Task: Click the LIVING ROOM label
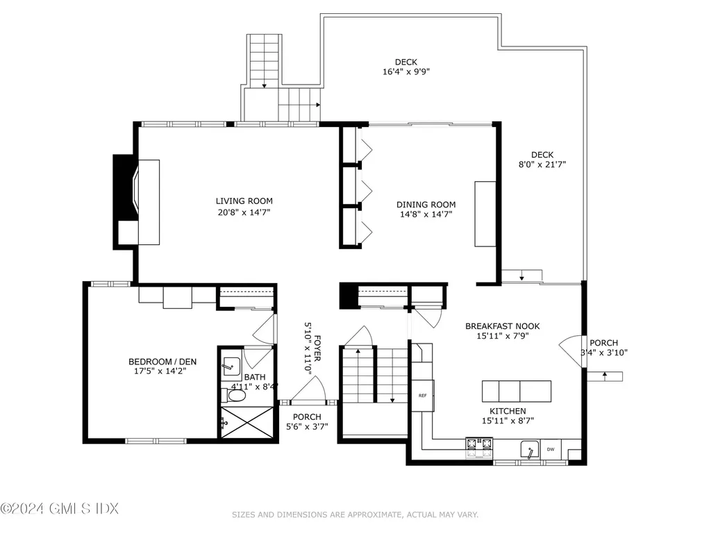(x=243, y=201)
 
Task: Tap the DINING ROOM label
(x=426, y=204)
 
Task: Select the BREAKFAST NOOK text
(x=502, y=325)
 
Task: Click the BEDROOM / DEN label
(x=157, y=361)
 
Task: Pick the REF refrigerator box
(x=422, y=396)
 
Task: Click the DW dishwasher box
(x=550, y=450)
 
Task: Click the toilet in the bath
(x=237, y=396)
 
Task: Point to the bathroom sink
(x=230, y=365)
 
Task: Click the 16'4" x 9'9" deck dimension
(x=406, y=71)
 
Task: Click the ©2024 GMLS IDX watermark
(x=60, y=509)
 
